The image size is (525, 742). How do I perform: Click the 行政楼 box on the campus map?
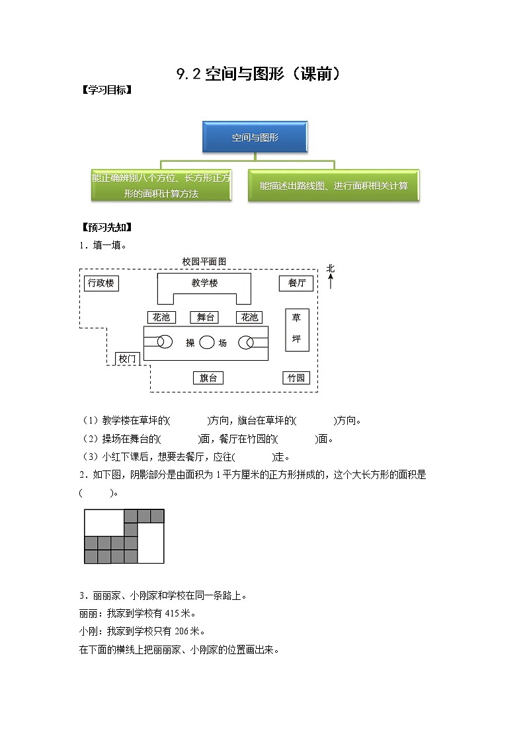[101, 283]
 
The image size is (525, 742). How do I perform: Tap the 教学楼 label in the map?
[204, 283]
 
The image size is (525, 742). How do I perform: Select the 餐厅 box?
[296, 283]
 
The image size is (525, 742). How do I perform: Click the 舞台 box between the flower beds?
[205, 317]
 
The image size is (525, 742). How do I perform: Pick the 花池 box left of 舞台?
[161, 317]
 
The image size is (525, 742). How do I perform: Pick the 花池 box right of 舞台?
[249, 317]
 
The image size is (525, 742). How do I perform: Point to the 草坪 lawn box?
[296, 329]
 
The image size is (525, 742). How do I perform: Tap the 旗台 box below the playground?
[208, 378]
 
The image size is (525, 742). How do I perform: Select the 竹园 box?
[296, 378]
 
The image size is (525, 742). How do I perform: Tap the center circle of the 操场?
[207, 342]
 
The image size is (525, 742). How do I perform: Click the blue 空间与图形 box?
[255, 138]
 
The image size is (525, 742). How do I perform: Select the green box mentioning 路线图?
[333, 186]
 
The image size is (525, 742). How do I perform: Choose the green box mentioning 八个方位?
[161, 186]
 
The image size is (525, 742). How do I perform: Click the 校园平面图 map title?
[204, 262]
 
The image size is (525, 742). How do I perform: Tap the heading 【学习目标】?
[105, 91]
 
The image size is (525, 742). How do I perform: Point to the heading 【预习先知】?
[105, 228]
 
